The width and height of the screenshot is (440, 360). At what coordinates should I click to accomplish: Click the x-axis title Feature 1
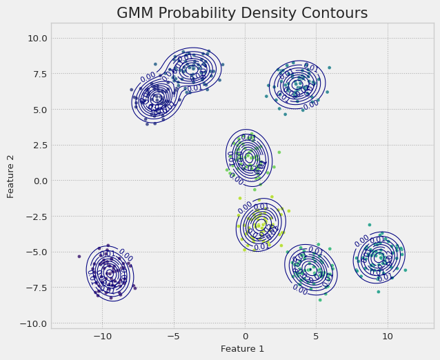point(242,349)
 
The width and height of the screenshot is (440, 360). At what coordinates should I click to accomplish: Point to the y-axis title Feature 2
point(11,176)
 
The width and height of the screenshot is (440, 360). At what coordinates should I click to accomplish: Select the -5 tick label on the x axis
point(172,336)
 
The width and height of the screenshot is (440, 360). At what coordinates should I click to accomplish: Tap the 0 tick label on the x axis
point(245,336)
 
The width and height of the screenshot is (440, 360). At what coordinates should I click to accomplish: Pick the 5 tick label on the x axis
point(316,336)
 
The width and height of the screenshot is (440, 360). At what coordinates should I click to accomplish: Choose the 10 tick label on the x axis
point(388,336)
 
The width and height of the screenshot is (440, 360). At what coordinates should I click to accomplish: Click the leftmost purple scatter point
point(79,257)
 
